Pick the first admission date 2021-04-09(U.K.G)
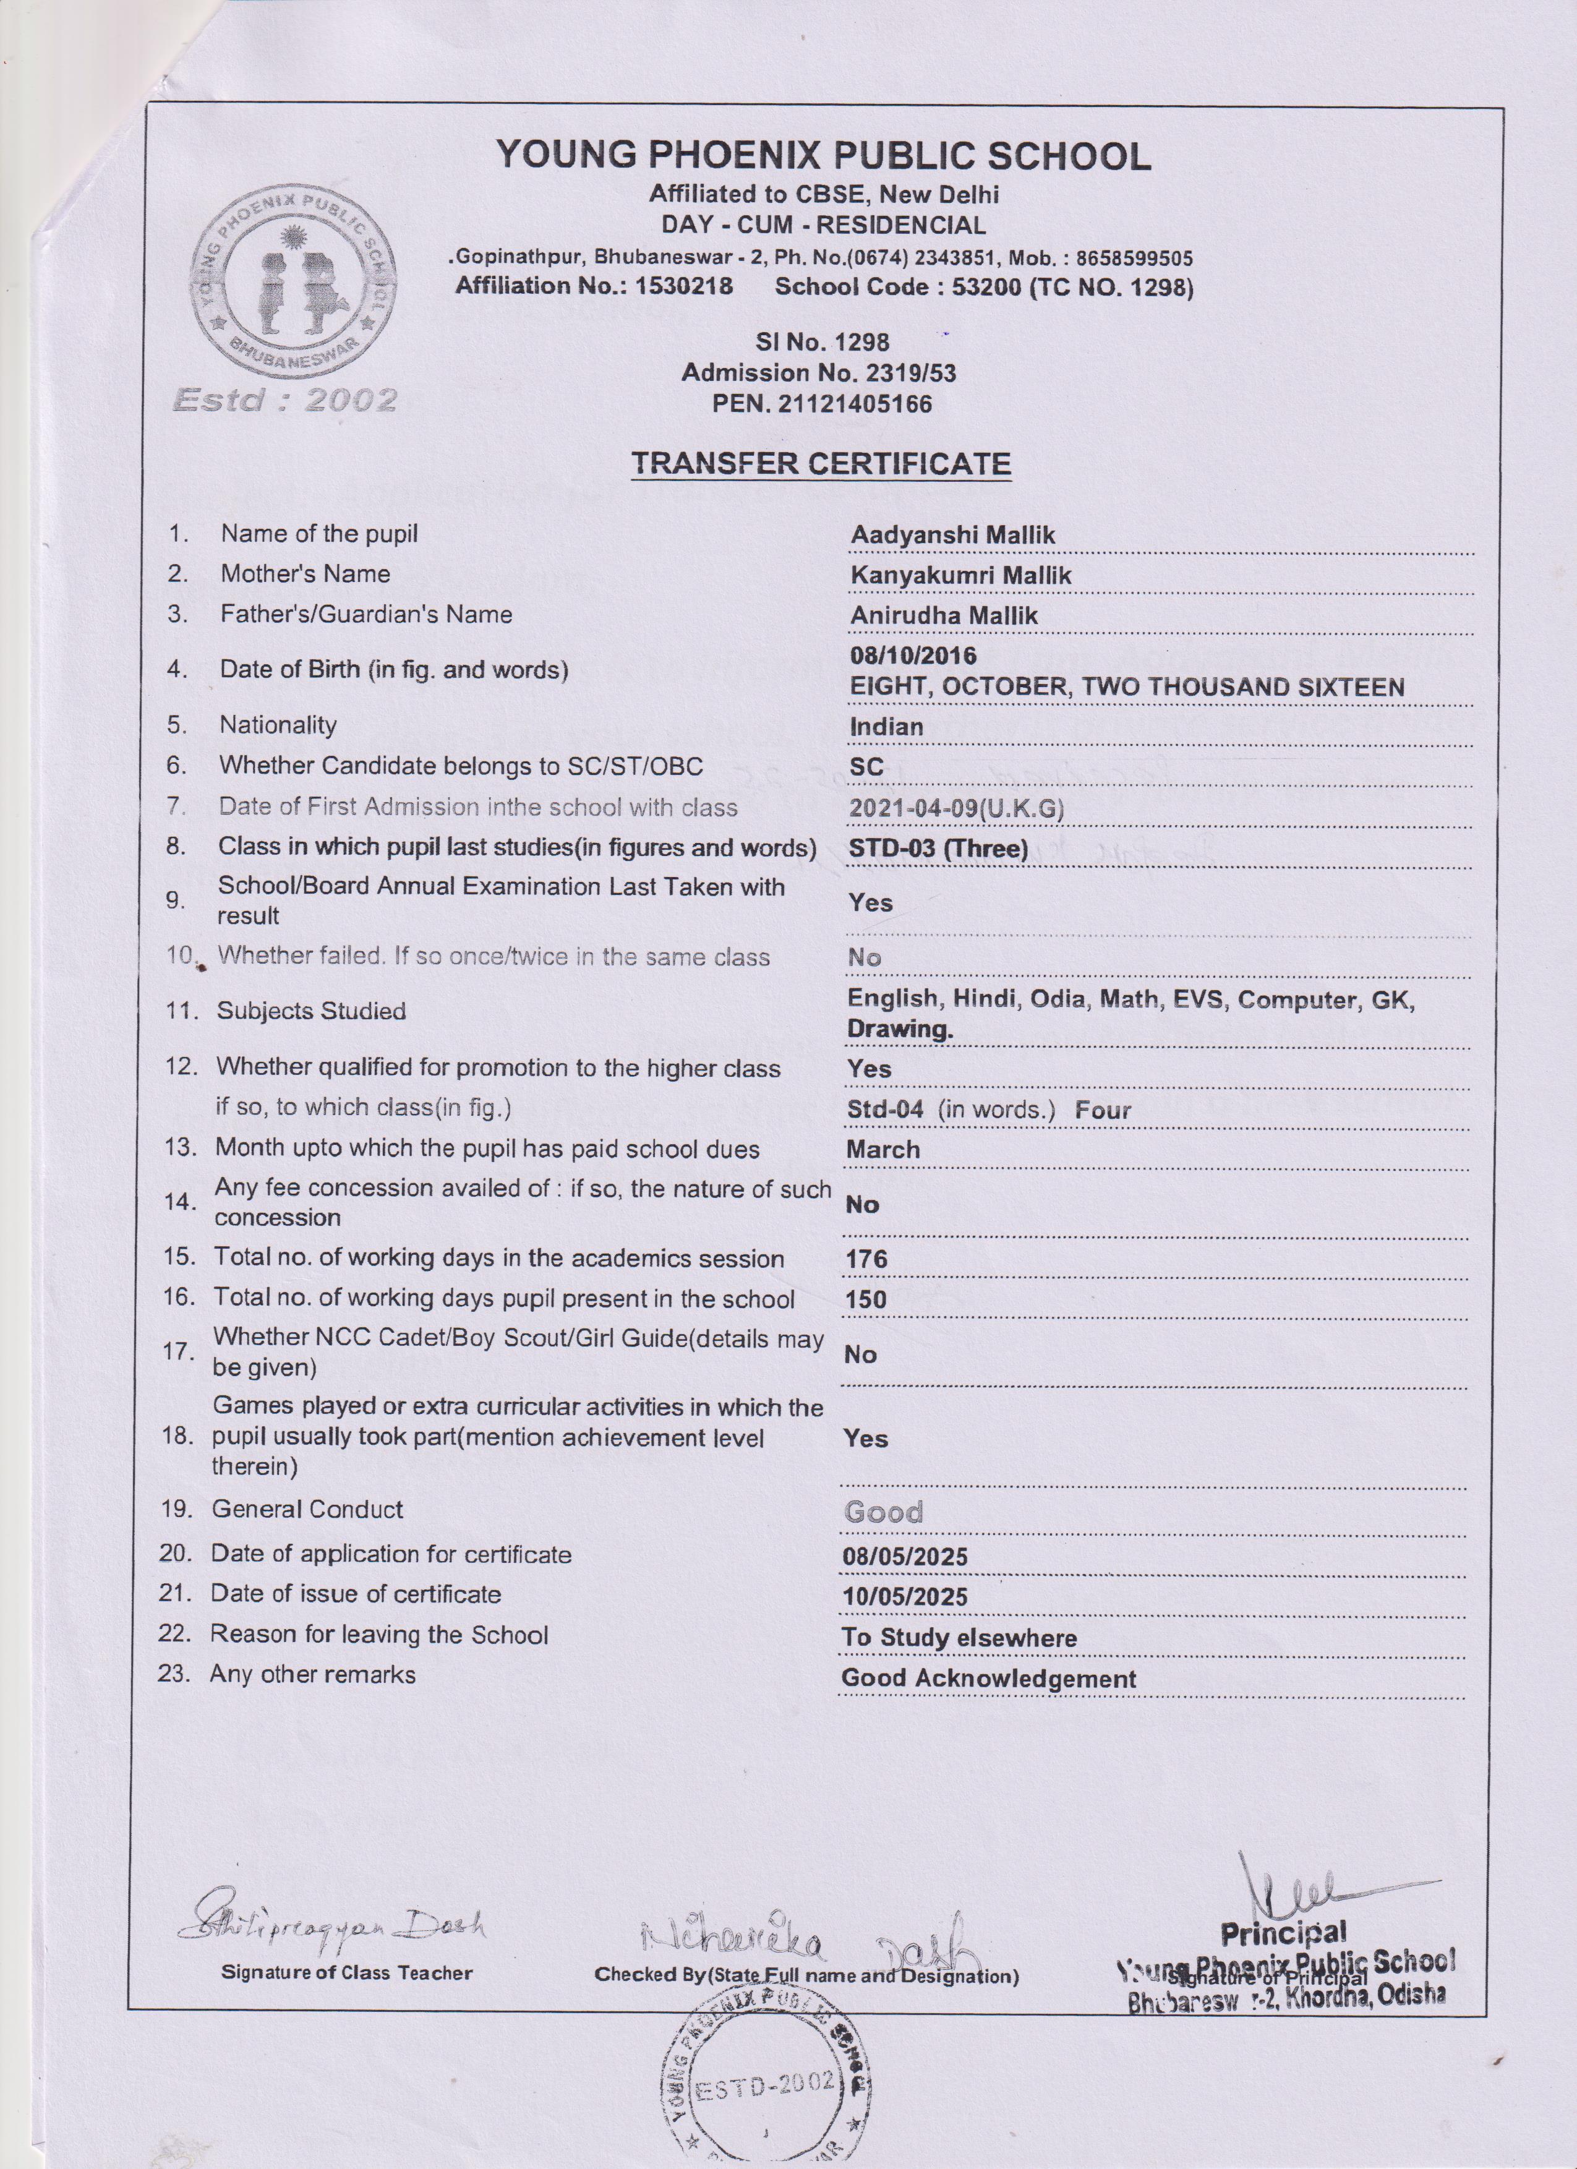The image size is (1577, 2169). coord(955,808)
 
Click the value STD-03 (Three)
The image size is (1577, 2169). coord(938,849)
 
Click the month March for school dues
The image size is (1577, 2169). coord(882,1150)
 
